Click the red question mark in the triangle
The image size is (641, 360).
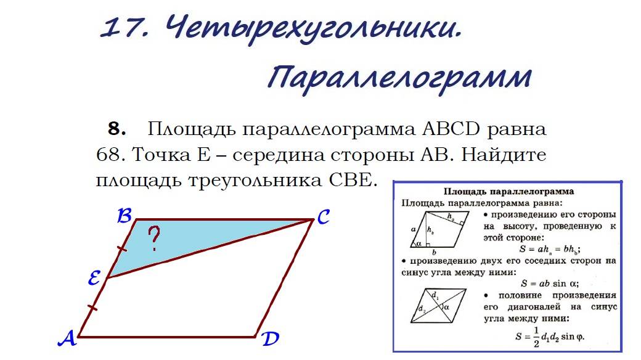(x=154, y=239)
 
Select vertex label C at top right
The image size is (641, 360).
(x=324, y=217)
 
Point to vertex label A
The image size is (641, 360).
(x=67, y=338)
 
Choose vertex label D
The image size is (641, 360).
(x=269, y=338)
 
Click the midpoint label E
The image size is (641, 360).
(x=94, y=280)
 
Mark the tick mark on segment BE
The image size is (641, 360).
(x=122, y=249)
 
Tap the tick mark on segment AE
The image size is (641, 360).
(x=92, y=307)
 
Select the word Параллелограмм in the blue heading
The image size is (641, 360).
(x=399, y=79)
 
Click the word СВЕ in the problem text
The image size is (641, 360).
(x=347, y=181)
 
